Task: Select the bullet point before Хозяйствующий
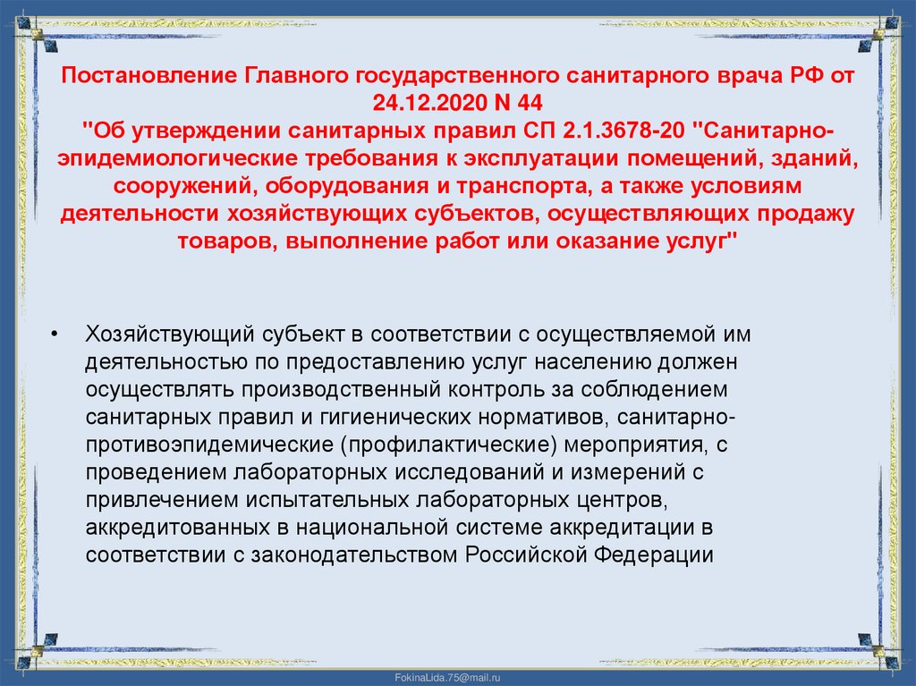pyautogui.click(x=55, y=335)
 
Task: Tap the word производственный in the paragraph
pyautogui.click(x=331, y=391)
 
